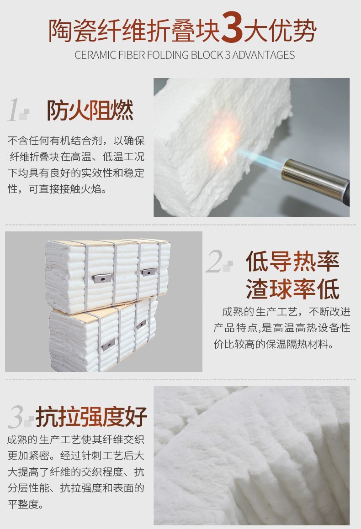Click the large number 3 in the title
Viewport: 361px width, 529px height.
pyautogui.click(x=232, y=30)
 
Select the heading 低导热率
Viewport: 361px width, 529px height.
pyautogui.click(x=292, y=262)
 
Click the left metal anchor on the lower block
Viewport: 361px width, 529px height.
pyautogui.click(x=108, y=345)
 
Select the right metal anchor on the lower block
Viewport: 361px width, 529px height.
pyautogui.click(x=142, y=325)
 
